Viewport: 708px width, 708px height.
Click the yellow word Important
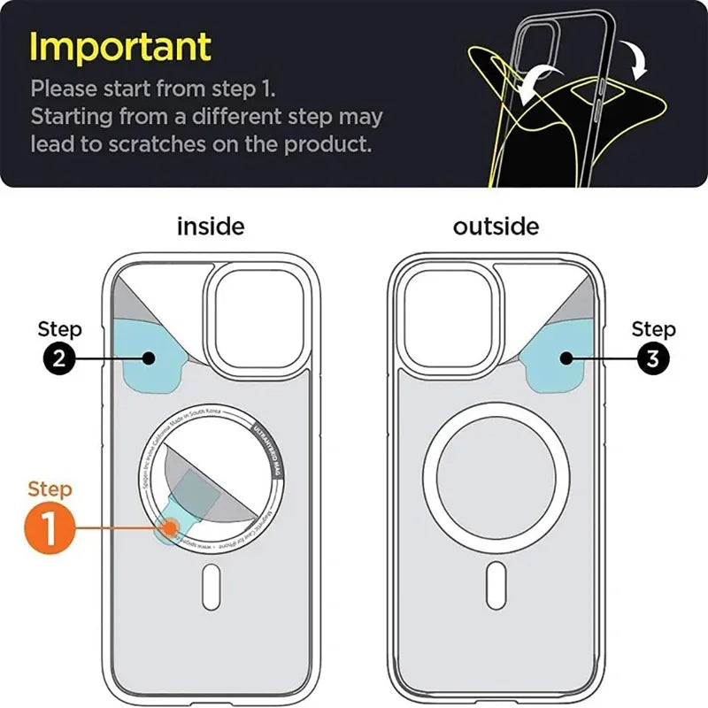click(121, 46)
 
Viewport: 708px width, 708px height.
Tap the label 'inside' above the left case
click(211, 227)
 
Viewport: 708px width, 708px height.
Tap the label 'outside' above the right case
click(496, 227)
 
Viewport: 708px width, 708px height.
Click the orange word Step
click(50, 489)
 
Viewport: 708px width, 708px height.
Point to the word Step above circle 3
click(653, 330)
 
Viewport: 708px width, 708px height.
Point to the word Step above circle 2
click(59, 330)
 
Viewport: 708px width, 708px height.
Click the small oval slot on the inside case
click(211, 588)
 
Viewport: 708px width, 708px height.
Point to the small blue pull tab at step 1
click(168, 529)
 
